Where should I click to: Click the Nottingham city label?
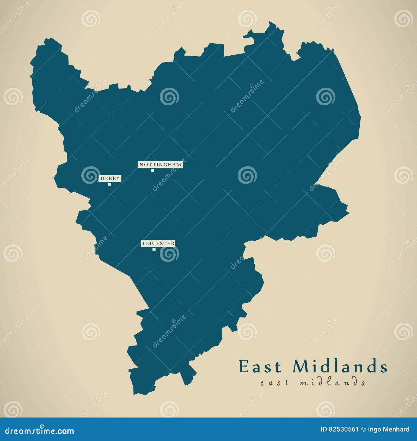[160, 164]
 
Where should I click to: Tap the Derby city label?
[110, 178]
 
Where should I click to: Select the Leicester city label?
[158, 243]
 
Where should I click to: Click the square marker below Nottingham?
[152, 170]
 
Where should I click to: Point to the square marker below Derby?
[110, 184]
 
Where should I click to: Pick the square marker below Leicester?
[154, 249]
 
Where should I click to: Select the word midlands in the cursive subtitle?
[332, 382]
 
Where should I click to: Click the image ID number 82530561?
[344, 429]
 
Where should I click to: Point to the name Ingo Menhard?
[389, 429]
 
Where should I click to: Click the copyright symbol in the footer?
[363, 429]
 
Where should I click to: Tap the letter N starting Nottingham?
[141, 165]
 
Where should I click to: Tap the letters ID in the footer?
[324, 429]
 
